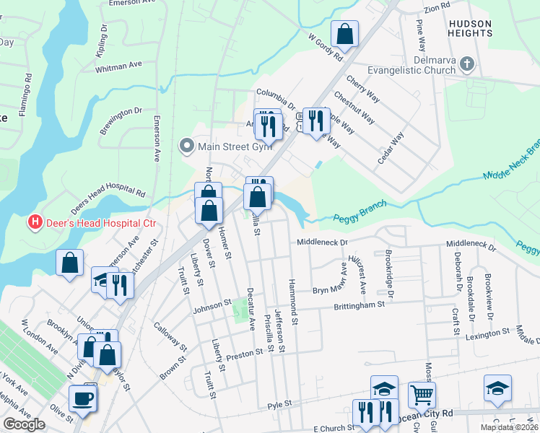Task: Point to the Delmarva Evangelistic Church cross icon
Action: pyautogui.click(x=467, y=64)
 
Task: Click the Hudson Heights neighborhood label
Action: pyautogui.click(x=469, y=29)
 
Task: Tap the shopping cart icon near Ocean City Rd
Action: pyautogui.click(x=422, y=395)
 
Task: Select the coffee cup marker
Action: pyautogui.click(x=83, y=398)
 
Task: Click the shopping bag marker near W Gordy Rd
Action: pyautogui.click(x=345, y=33)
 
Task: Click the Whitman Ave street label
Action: pyautogui.click(x=118, y=66)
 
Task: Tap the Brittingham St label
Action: pyautogui.click(x=359, y=306)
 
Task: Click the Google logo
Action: pyautogui.click(x=24, y=424)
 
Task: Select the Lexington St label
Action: pyautogui.click(x=487, y=335)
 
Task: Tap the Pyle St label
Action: pyautogui.click(x=279, y=404)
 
